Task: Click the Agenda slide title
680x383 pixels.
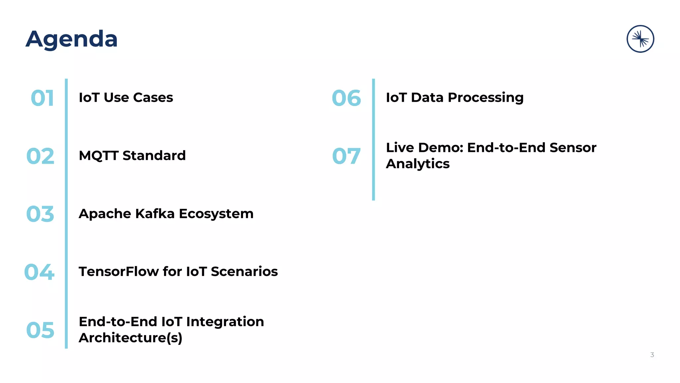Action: tap(71, 39)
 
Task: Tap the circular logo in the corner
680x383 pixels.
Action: tap(640, 39)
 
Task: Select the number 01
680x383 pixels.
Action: tap(42, 98)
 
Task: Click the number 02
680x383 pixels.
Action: tap(40, 156)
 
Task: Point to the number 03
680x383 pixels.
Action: tap(40, 214)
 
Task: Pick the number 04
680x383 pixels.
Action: tap(39, 272)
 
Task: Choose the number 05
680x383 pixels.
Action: tap(40, 330)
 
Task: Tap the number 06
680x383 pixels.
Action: tap(346, 98)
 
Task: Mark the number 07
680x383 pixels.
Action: tap(346, 156)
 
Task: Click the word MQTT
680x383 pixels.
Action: tap(99, 156)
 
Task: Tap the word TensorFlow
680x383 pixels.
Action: tap(119, 272)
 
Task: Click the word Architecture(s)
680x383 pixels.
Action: tap(130, 338)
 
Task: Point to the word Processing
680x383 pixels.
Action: tap(485, 98)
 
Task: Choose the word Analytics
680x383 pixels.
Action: tap(418, 164)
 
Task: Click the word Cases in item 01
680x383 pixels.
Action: tap(153, 98)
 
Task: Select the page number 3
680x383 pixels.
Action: tap(652, 355)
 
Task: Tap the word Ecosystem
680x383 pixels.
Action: tap(216, 214)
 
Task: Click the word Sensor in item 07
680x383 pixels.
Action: tap(573, 148)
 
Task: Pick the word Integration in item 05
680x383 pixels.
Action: tap(225, 322)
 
